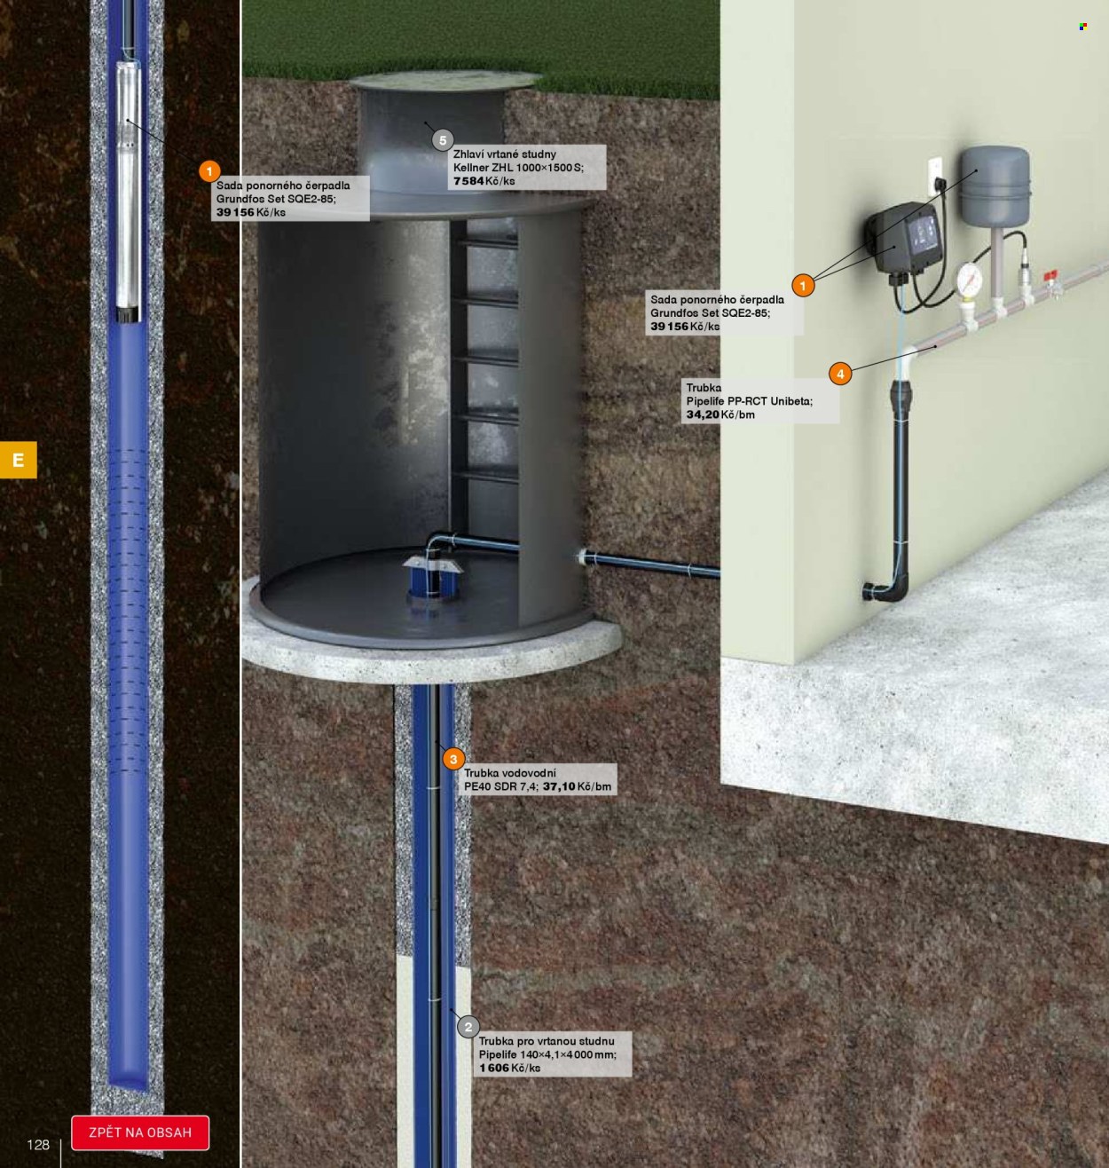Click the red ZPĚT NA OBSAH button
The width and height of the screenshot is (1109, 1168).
pos(140,1132)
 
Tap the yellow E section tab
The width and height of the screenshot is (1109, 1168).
pos(19,459)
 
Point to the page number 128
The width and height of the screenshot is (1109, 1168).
pos(38,1144)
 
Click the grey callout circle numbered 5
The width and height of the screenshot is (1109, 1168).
pos(442,141)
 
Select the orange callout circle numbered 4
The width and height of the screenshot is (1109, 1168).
pos(840,374)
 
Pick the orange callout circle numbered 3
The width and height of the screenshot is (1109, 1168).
pos(453,759)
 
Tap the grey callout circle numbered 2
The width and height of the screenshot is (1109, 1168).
pos(468,1027)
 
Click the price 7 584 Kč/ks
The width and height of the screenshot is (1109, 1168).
pos(484,181)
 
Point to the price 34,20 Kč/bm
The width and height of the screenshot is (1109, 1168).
pos(720,414)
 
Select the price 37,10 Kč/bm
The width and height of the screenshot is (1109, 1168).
pos(577,786)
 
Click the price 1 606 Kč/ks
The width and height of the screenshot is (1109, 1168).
pos(509,1068)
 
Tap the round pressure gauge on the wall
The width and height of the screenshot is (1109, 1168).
pos(969,277)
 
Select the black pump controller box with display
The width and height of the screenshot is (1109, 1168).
pos(904,239)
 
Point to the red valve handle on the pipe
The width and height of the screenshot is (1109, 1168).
pos(1050,276)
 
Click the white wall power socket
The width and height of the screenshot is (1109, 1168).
pos(935,177)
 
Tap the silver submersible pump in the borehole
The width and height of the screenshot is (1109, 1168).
pos(128,190)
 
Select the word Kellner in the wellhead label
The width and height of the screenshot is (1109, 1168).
pos(471,168)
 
